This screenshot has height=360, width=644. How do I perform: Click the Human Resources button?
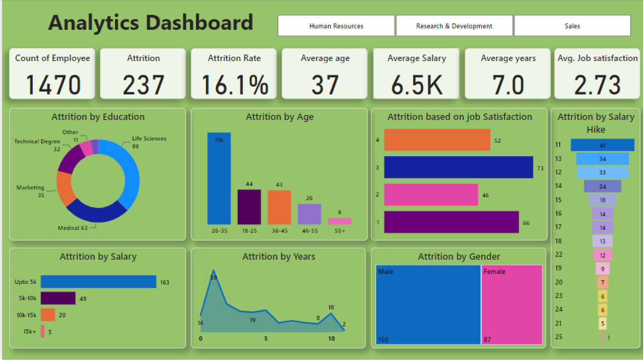pyautogui.click(x=336, y=26)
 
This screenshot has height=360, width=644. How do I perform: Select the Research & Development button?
pyautogui.click(x=454, y=26)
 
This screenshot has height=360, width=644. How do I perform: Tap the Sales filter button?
pyautogui.click(x=572, y=26)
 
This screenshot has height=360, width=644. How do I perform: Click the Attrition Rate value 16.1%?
pyautogui.click(x=235, y=85)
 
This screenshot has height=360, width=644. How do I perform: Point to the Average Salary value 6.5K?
pyautogui.click(x=416, y=85)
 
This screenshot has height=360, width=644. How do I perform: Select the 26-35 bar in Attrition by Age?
pyautogui.click(x=219, y=178)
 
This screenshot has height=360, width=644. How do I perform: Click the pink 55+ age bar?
pyautogui.click(x=339, y=221)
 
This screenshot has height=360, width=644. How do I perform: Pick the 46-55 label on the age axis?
pyautogui.click(x=309, y=231)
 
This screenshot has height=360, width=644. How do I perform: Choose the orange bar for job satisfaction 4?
pyautogui.click(x=437, y=140)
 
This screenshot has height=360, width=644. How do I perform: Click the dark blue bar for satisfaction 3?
pyautogui.click(x=458, y=167)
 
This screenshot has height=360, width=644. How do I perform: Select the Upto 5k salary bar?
pyautogui.click(x=98, y=282)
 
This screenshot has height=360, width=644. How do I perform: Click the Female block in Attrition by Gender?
pyautogui.click(x=512, y=305)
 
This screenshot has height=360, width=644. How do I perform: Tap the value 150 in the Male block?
pyautogui.click(x=383, y=340)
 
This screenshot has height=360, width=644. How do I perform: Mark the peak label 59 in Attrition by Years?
pyautogui.click(x=213, y=278)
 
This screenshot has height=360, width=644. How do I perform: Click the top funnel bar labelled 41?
pyautogui.click(x=602, y=145)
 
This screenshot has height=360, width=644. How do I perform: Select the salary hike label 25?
pyautogui.click(x=558, y=337)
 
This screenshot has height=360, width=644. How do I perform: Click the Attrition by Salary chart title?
pyautogui.click(x=98, y=257)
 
